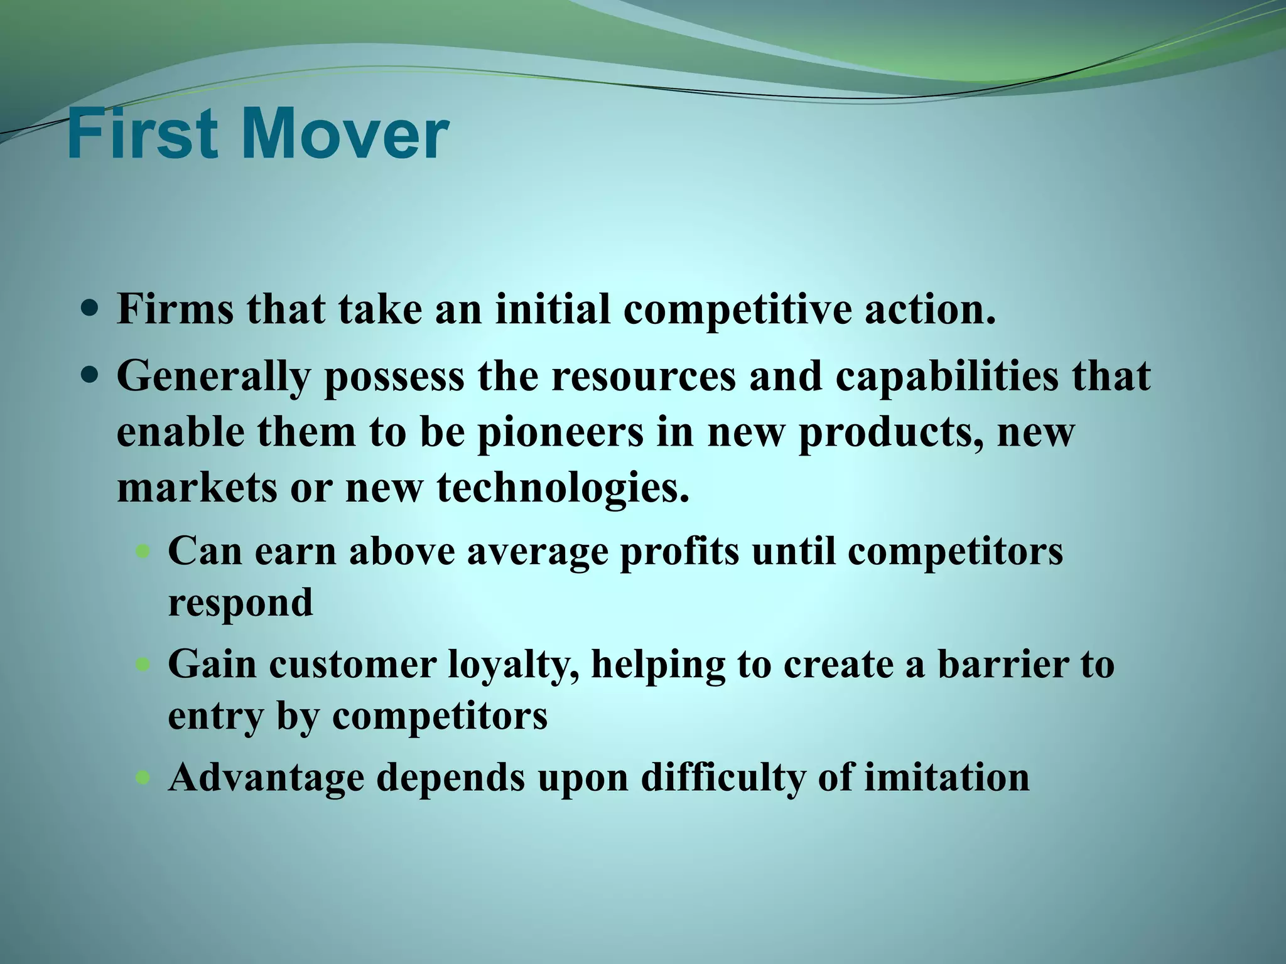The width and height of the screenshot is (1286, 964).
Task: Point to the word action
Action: click(930, 309)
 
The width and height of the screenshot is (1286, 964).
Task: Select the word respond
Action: click(240, 603)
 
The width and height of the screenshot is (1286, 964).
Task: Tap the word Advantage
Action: click(266, 778)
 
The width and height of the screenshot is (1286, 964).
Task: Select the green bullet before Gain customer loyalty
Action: click(144, 664)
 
